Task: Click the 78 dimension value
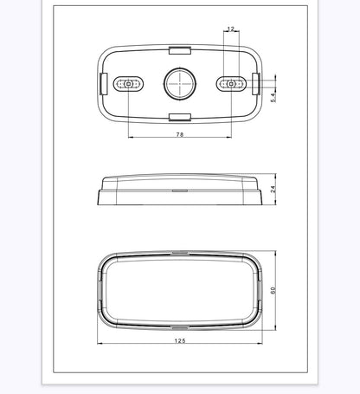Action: (x=180, y=134)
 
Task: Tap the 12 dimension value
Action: (x=231, y=29)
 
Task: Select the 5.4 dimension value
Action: (x=273, y=96)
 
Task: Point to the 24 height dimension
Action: (x=273, y=189)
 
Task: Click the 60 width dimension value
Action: (x=273, y=290)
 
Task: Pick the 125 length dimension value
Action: (x=180, y=340)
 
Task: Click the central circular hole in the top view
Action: (x=180, y=84)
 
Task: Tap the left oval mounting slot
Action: (x=128, y=84)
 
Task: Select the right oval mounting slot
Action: (x=231, y=84)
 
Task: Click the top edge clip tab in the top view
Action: (x=180, y=50)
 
